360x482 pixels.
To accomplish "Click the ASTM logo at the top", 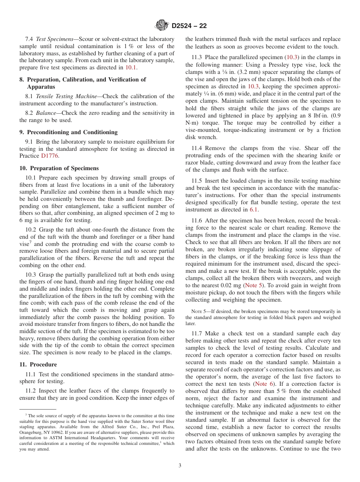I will [x=162, y=26].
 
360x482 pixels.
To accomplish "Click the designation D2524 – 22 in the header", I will [x=189, y=26].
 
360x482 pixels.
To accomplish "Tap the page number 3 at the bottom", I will [x=180, y=465].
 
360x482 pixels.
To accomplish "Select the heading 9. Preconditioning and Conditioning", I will [x=69, y=132].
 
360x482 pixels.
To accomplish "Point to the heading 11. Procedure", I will [x=38, y=365].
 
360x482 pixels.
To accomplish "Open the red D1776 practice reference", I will [x=50, y=156].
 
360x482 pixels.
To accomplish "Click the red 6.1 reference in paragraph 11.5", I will [x=254, y=210].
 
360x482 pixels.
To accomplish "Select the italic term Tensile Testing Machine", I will [x=66, y=96].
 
